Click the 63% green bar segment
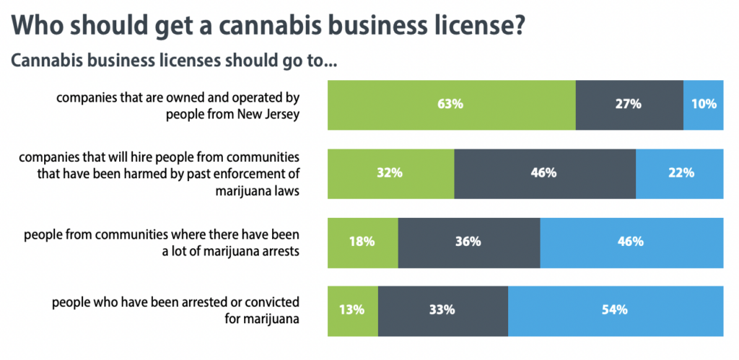point(451,104)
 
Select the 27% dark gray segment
point(629,104)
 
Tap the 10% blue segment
point(703,104)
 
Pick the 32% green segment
point(390,173)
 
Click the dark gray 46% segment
point(544,173)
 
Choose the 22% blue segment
point(679,173)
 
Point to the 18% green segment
point(362,242)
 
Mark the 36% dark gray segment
point(468,242)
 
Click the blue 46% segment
point(631,242)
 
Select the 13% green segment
point(352,310)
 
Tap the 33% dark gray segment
point(442,310)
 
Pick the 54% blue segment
point(616,310)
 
